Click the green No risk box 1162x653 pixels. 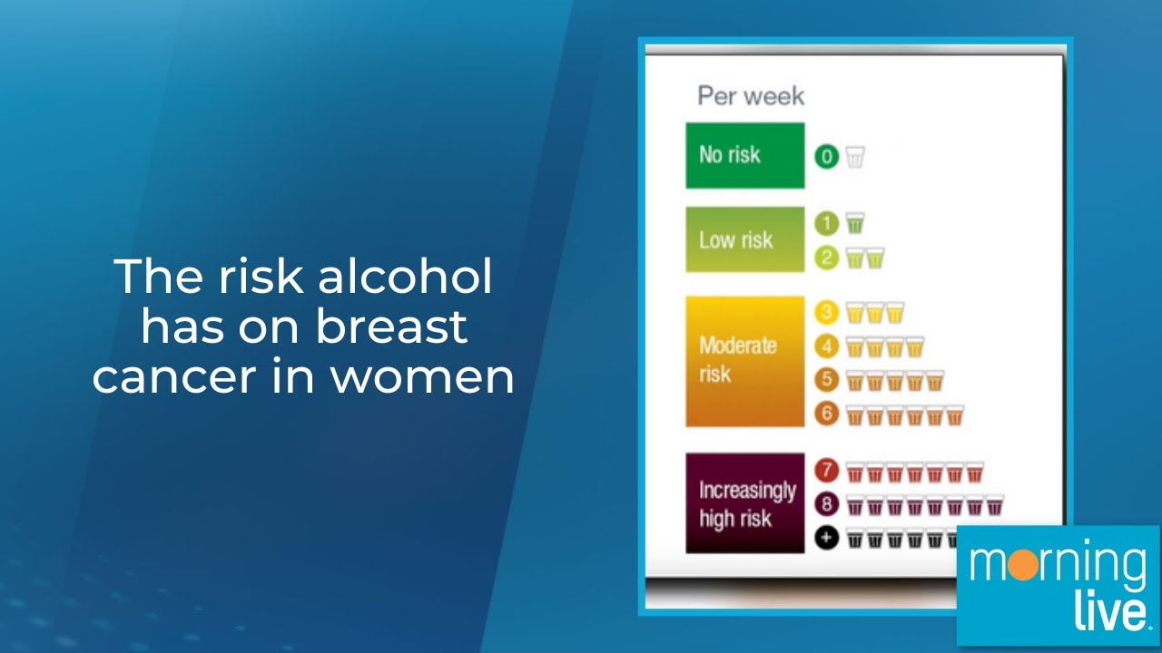tap(744, 155)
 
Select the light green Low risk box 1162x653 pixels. tap(744, 239)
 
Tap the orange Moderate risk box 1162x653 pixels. tap(744, 360)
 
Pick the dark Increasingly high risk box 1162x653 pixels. tap(744, 502)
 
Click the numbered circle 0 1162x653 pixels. tap(826, 157)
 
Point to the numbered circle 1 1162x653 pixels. tap(826, 221)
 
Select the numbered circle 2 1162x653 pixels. tap(826, 258)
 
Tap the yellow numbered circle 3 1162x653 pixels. tap(826, 313)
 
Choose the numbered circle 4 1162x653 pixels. tap(826, 346)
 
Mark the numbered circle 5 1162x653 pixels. tap(826, 380)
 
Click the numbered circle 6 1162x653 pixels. tap(826, 414)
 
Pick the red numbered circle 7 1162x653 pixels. tap(826, 472)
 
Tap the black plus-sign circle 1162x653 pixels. tap(826, 538)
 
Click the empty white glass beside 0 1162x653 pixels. tap(855, 157)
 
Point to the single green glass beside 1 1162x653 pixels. tap(855, 222)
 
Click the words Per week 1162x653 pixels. tap(751, 96)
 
